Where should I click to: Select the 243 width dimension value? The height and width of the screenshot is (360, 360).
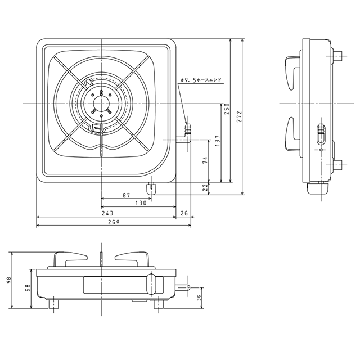[x=107, y=213]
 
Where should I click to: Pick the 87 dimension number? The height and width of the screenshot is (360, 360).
[x=126, y=195]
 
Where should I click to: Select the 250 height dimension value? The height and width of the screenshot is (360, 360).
[x=227, y=109]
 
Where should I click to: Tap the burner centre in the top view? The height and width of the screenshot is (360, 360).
[x=101, y=103]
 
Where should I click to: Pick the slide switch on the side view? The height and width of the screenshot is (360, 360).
[x=321, y=136]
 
